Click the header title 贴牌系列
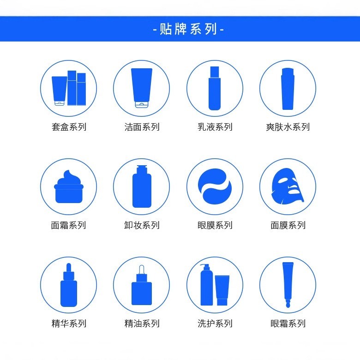[188, 30]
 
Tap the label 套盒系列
[69, 127]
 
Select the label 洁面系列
[142, 127]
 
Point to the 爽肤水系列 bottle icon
[288, 89]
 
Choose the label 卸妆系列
[142, 225]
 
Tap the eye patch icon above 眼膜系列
[215, 186]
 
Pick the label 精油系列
[142, 324]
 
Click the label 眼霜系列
[288, 324]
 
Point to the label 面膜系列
[288, 225]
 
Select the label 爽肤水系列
[288, 127]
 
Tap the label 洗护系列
[215, 324]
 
